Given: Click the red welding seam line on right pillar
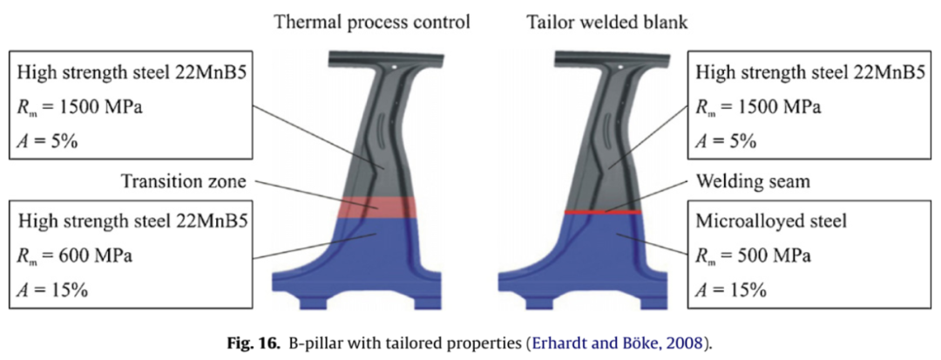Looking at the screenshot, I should [603, 212].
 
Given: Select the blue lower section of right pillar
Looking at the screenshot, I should [601, 253].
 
